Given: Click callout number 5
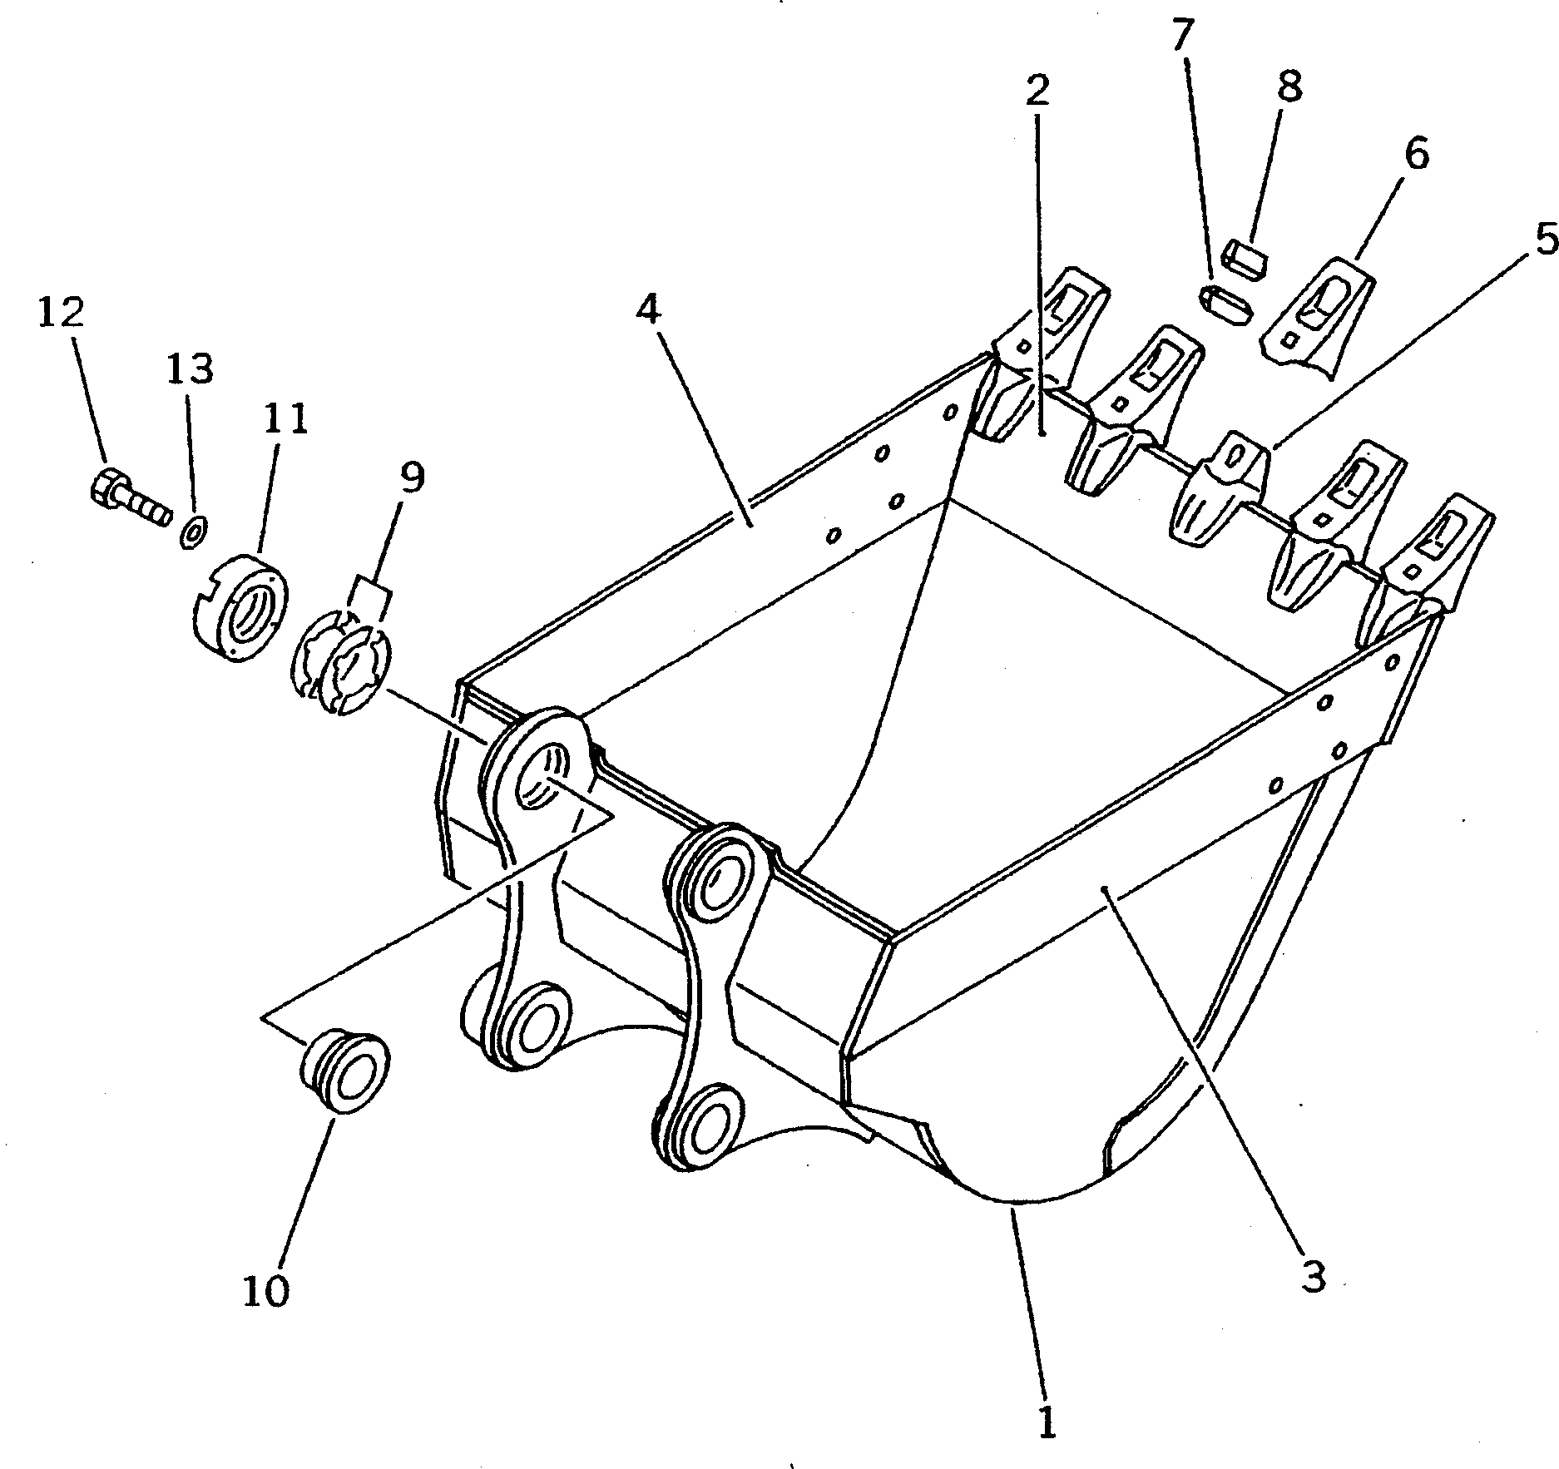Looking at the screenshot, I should (x=1546, y=241).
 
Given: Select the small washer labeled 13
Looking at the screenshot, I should (x=194, y=531).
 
